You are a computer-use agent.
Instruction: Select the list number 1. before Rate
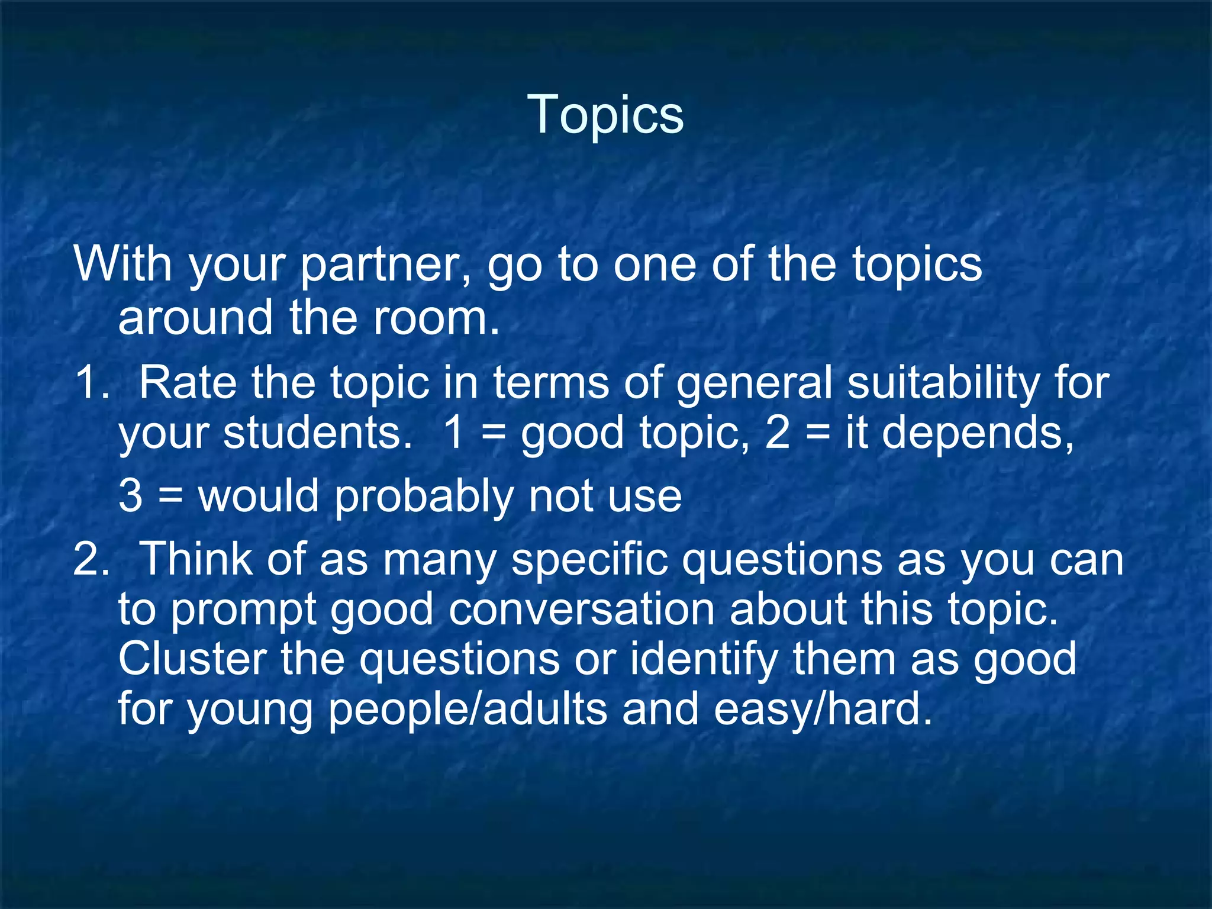pyautogui.click(x=92, y=383)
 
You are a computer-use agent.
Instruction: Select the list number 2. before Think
pyautogui.click(x=92, y=559)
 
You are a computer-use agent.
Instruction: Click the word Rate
pyautogui.click(x=188, y=383)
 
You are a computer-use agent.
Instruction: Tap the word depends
pyautogui.click(x=958, y=433)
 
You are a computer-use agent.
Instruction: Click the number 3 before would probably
pyautogui.click(x=130, y=495)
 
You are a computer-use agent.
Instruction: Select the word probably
pyautogui.click(x=424, y=497)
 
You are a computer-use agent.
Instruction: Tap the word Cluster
pyautogui.click(x=192, y=659)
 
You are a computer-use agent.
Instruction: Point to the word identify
pyautogui.click(x=703, y=660)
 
